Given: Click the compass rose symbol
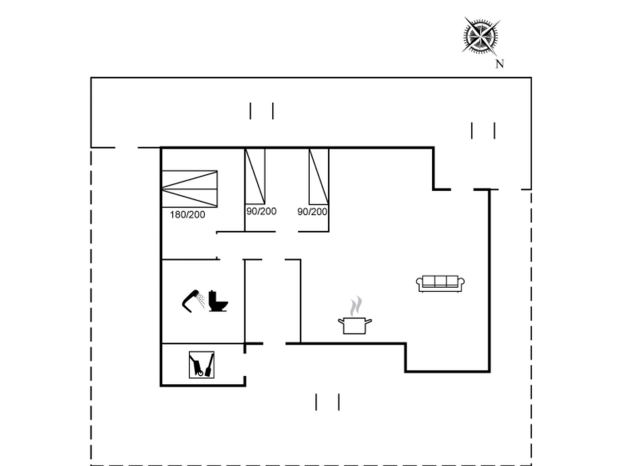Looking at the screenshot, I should [481, 36].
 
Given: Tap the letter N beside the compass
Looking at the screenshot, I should [499, 64].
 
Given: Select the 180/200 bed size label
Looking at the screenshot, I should [187, 215].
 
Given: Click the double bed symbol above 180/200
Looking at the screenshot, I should [190, 189].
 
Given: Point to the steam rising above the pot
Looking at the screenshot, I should [356, 306].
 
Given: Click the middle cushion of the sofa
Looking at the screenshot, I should [440, 281].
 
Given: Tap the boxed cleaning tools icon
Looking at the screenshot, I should [202, 365].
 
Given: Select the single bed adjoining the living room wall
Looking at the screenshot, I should [319, 177].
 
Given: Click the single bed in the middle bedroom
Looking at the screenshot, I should [255, 177].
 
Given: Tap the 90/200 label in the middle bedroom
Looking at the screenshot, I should [261, 211].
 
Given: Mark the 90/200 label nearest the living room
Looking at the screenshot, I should [312, 212].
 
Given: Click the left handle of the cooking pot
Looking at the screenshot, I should [341, 321].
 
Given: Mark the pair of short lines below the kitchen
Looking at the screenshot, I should [327, 402].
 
